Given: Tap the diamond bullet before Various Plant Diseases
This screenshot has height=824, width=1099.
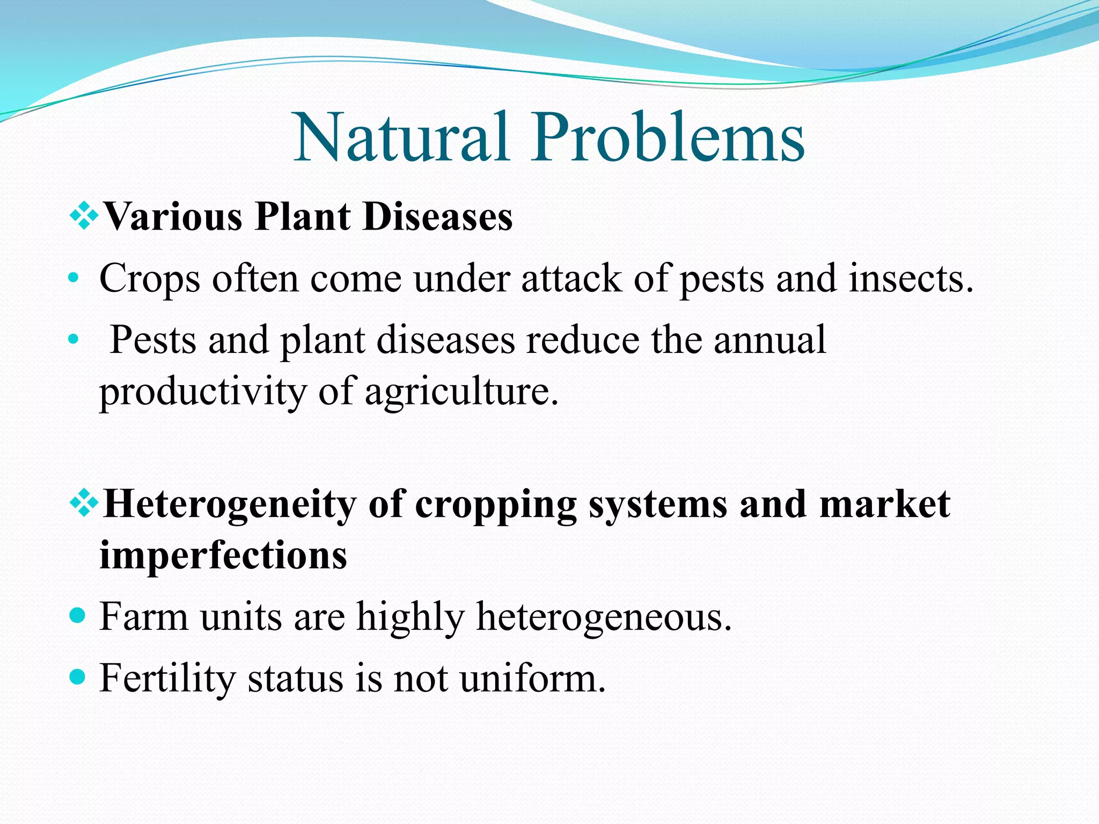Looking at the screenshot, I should click(84, 217).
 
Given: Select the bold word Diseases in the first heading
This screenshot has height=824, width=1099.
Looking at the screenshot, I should click(437, 217).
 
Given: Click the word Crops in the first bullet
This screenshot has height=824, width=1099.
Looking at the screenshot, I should click(150, 279).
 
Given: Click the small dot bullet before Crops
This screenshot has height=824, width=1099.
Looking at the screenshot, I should click(74, 279).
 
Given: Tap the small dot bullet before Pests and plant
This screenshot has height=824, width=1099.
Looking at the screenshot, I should click(74, 340).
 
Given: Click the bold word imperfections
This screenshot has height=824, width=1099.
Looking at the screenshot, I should click(223, 555).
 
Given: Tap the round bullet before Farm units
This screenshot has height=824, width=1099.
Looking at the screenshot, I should click(78, 615).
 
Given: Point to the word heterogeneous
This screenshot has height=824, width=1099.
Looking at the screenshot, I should click(604, 617).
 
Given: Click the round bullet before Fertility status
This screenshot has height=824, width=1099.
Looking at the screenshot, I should click(78, 676).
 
